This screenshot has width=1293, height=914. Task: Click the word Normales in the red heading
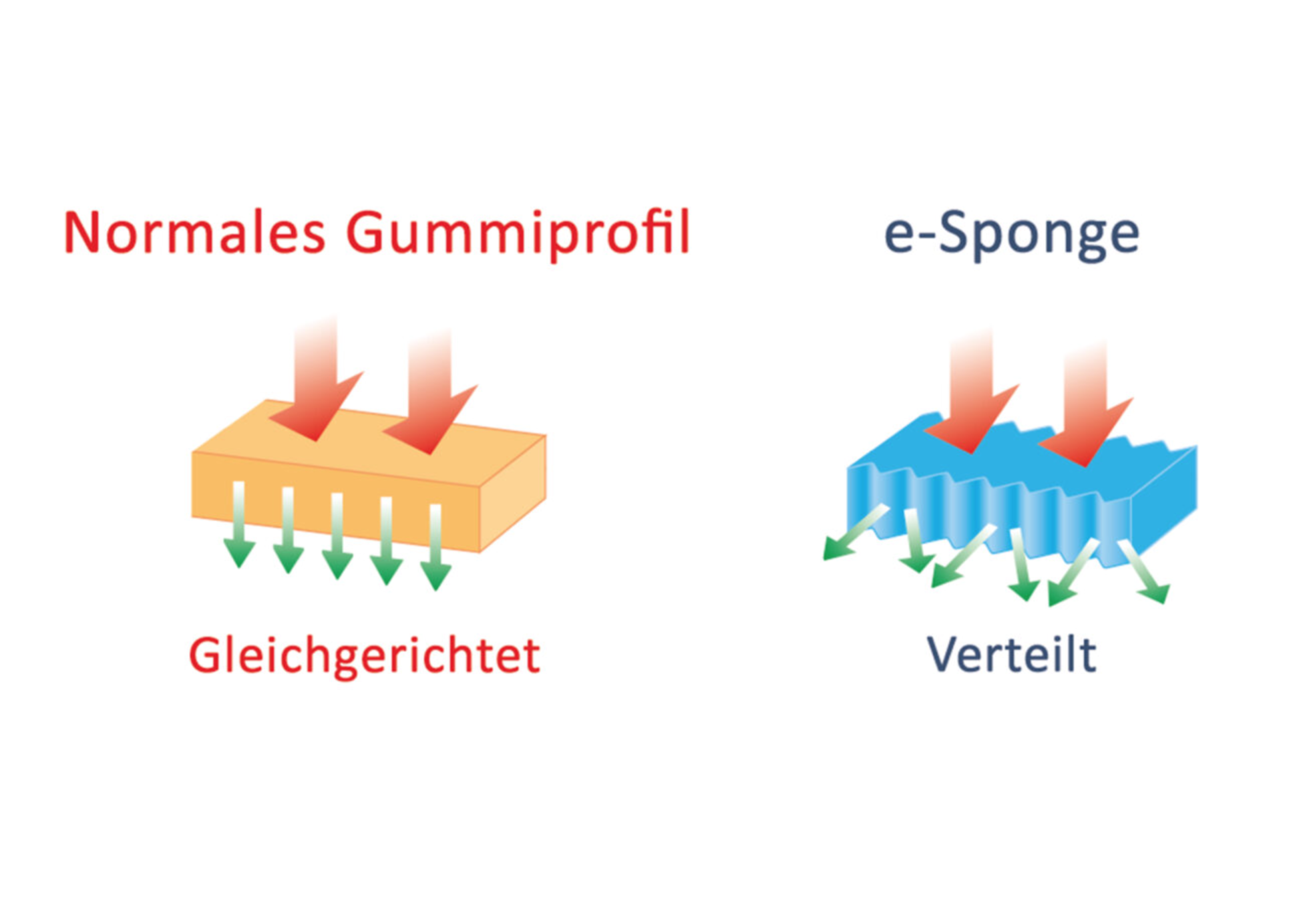click(x=194, y=233)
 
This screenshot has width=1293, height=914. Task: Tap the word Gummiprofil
click(x=518, y=234)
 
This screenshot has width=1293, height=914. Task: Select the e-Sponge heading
click(x=1011, y=234)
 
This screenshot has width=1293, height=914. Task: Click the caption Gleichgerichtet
click(x=364, y=655)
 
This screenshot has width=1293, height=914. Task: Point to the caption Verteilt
click(x=1011, y=654)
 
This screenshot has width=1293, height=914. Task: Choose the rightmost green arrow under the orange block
click(x=435, y=555)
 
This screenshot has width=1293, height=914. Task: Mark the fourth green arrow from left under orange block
click(x=386, y=549)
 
